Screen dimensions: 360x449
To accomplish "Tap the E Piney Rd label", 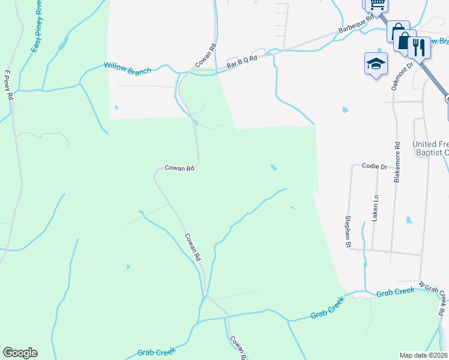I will pyautogui.click(x=9, y=85).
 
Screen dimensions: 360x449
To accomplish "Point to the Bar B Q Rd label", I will pyautogui.click(x=241, y=61).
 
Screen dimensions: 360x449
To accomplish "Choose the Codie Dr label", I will pyautogui.click(x=375, y=166).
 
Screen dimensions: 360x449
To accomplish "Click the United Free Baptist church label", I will pyautogui.click(x=430, y=149).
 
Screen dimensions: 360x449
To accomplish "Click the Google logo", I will pyautogui.click(x=20, y=353).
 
